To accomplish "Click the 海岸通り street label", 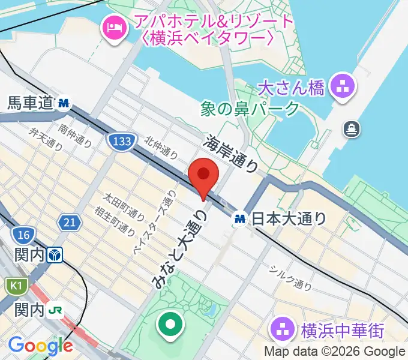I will pyautogui.click(x=232, y=154).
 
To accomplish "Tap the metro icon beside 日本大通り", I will pyautogui.click(x=241, y=219).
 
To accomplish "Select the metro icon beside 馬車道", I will pyautogui.click(x=64, y=104).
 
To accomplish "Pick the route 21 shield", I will pyautogui.click(x=70, y=223).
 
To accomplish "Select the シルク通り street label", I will pyautogui.click(x=289, y=277).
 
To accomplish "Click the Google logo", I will pyautogui.click(x=40, y=346).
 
